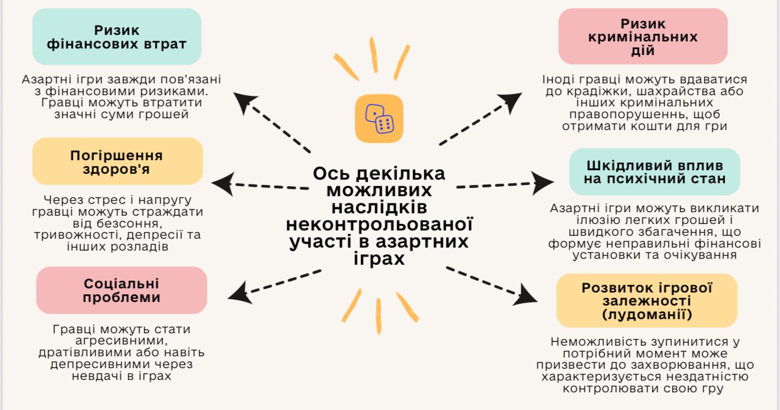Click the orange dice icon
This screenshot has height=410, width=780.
379,118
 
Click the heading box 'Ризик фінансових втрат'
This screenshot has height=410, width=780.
116,37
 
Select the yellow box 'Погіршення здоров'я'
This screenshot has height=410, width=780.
117,162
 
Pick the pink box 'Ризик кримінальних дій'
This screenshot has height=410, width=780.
643,37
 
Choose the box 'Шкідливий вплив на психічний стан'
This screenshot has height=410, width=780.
654,172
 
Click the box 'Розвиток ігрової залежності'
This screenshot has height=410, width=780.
647,301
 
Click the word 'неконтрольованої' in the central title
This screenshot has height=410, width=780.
379,224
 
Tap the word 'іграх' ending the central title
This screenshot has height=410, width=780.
379,259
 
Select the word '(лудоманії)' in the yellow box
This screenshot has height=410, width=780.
647,314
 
